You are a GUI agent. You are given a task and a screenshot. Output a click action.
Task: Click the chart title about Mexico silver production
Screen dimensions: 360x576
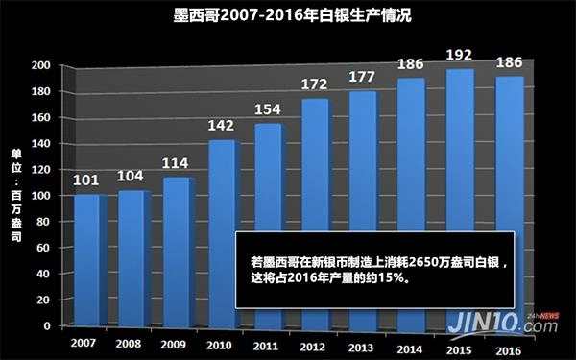287,16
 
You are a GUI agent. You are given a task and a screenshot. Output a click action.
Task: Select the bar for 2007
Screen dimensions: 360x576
87,259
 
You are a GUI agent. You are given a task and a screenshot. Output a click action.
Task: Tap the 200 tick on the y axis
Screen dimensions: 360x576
40,65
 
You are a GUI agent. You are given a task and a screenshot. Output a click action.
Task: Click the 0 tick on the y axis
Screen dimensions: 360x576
48,326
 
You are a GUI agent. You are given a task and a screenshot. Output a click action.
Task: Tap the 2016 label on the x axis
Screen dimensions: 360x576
500,343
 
